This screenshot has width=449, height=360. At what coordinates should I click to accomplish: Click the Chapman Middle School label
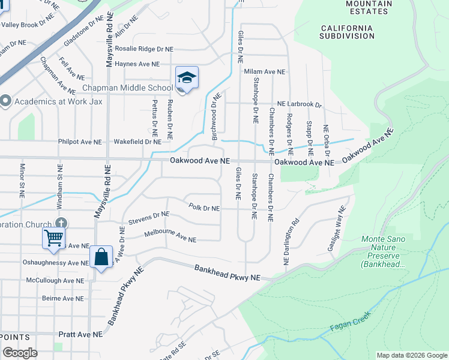click(x=128, y=88)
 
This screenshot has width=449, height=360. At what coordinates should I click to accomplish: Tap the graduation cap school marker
click(x=187, y=78)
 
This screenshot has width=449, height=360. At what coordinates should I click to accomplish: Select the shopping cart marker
click(x=53, y=238)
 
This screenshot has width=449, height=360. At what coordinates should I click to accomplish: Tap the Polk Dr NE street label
click(x=204, y=208)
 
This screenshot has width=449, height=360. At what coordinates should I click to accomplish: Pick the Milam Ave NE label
click(x=264, y=71)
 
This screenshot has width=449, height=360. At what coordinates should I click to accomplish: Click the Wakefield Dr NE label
click(x=137, y=142)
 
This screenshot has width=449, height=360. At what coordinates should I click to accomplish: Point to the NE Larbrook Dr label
click(x=300, y=104)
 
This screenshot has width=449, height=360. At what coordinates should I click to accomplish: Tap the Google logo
click(x=20, y=353)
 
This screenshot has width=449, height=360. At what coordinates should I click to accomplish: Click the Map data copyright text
click(x=411, y=355)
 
